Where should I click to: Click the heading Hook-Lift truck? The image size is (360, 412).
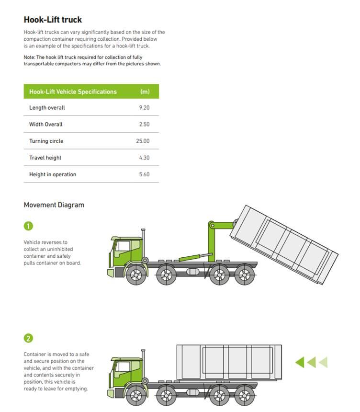tap(53, 20)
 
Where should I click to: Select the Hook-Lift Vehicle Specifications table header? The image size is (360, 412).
tap(73, 92)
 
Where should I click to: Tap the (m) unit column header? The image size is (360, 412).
tap(145, 92)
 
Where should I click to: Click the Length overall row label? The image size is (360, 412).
tap(47, 108)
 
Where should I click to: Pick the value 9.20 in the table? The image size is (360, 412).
tap(144, 108)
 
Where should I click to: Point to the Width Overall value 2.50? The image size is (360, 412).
tap(144, 125)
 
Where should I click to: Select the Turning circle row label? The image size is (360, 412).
tap(46, 141)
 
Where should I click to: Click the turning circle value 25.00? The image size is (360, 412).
tap(143, 141)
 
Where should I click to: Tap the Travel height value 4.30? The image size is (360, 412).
tap(144, 158)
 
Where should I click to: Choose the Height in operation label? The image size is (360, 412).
tap(53, 175)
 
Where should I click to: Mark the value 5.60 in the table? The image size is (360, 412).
tap(144, 175)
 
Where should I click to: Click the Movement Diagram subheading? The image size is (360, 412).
tap(54, 205)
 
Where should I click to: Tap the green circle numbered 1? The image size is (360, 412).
tap(28, 226)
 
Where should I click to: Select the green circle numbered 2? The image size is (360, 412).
tap(28, 338)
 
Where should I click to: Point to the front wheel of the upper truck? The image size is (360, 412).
tap(136, 275)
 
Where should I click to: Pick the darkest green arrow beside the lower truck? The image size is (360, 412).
tap(300, 362)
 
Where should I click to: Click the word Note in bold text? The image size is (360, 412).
tap(29, 57)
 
